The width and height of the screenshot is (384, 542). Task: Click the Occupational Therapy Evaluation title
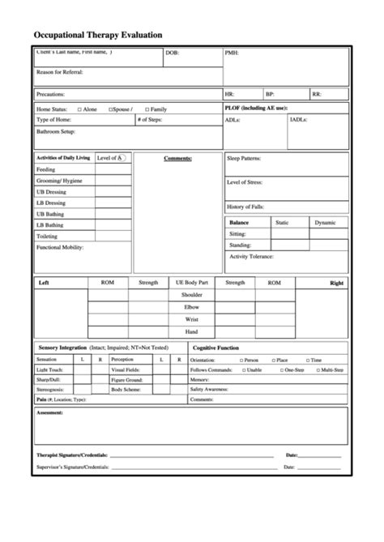98,35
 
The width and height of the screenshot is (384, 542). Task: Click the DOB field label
172,54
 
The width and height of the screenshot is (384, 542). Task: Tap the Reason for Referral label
59,71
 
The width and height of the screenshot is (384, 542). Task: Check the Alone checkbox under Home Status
79,108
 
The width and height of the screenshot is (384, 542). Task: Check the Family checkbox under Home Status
146,108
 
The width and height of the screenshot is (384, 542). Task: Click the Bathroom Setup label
56,130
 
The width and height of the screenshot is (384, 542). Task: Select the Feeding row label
47,169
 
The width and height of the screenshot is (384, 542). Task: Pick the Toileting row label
48,236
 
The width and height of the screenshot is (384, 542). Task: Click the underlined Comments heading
177,158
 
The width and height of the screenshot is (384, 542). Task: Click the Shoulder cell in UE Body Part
191,295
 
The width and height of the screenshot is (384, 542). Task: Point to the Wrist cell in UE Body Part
191,319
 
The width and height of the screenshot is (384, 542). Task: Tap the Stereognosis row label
49,389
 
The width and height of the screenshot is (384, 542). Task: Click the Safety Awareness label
209,389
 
